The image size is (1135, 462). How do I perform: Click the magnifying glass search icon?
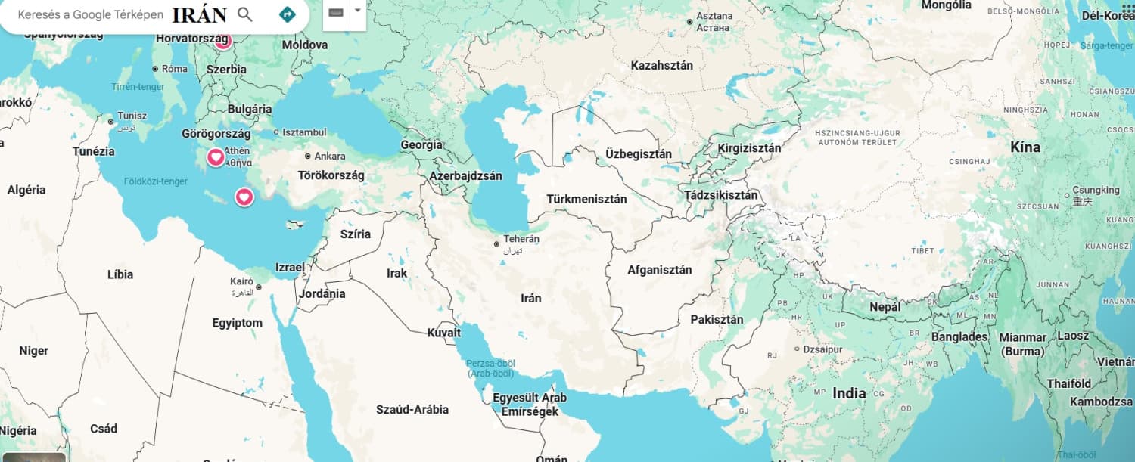[x=244, y=14]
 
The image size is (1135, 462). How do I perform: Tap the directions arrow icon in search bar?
[x=287, y=14]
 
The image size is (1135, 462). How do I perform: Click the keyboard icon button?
[x=336, y=13]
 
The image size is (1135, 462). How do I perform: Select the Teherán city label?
[x=521, y=239]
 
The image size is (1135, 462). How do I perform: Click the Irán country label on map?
[x=531, y=299]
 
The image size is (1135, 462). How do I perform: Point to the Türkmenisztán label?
[x=586, y=200]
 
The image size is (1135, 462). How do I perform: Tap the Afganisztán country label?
[x=659, y=270]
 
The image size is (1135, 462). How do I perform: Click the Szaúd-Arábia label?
[x=412, y=410]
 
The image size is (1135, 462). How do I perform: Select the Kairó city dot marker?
[x=258, y=287]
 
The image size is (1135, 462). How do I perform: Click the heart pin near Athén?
[x=216, y=157]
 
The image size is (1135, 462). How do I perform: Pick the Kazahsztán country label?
[x=661, y=66]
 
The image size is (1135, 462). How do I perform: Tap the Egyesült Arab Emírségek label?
[x=529, y=405]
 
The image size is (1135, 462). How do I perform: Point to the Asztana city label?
[x=714, y=16]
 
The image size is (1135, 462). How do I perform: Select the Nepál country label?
[x=885, y=308]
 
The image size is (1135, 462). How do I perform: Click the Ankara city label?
[x=330, y=157]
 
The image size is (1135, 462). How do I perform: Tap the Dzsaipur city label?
[x=822, y=349]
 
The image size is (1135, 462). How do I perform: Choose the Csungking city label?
[x=1096, y=190]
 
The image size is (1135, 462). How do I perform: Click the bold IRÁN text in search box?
[x=199, y=15]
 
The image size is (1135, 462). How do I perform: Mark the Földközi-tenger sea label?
[x=155, y=181]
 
